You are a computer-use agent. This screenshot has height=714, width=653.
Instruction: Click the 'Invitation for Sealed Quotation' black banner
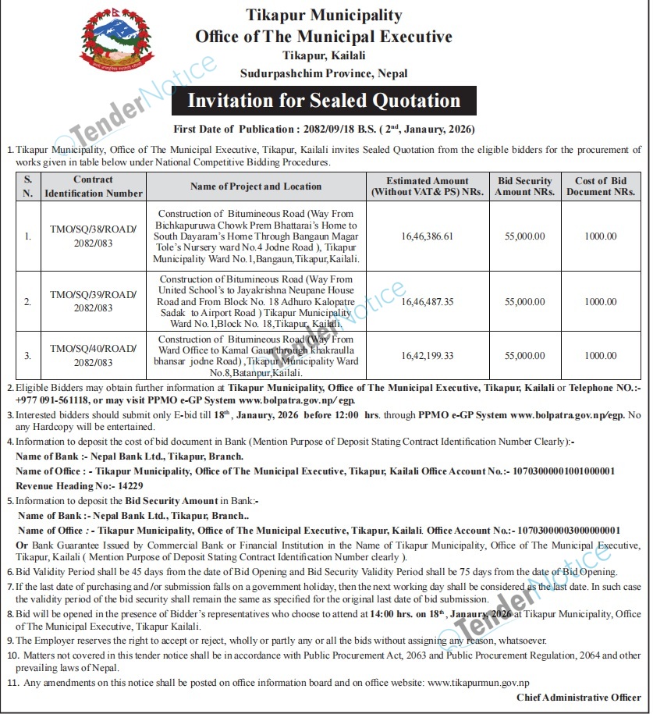coord(324,101)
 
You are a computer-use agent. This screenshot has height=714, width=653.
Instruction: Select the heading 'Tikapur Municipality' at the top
coord(324,15)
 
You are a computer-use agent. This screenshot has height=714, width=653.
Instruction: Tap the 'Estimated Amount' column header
coord(428,186)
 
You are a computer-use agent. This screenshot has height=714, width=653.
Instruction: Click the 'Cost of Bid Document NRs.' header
coord(601,186)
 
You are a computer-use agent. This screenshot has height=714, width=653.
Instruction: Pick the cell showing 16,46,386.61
coord(427,236)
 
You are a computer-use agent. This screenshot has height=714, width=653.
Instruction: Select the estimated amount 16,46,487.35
coord(427,301)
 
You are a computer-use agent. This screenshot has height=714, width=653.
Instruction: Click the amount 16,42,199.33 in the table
coord(427,356)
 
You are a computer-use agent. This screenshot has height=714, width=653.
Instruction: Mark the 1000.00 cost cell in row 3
coord(601,356)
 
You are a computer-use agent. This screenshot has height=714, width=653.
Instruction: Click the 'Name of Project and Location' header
coord(256,186)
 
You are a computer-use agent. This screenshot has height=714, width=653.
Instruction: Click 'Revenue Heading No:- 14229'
coord(63,485)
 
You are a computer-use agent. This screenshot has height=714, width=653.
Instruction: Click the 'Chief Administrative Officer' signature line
coord(579,698)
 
